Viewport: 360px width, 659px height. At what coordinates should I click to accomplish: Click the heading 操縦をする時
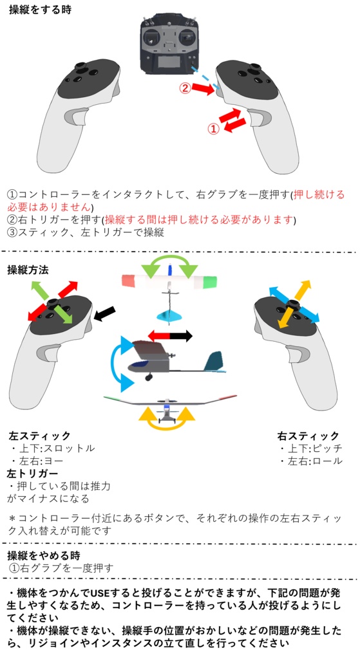(40, 11)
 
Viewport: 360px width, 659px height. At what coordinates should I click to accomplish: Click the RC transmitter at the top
(169, 45)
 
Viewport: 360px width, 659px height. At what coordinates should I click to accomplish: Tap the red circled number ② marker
(185, 88)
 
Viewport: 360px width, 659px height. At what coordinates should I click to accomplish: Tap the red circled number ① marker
(213, 128)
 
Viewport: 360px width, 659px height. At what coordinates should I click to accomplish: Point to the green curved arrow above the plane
(169, 266)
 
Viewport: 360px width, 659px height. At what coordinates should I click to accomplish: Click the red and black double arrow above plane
(170, 336)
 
